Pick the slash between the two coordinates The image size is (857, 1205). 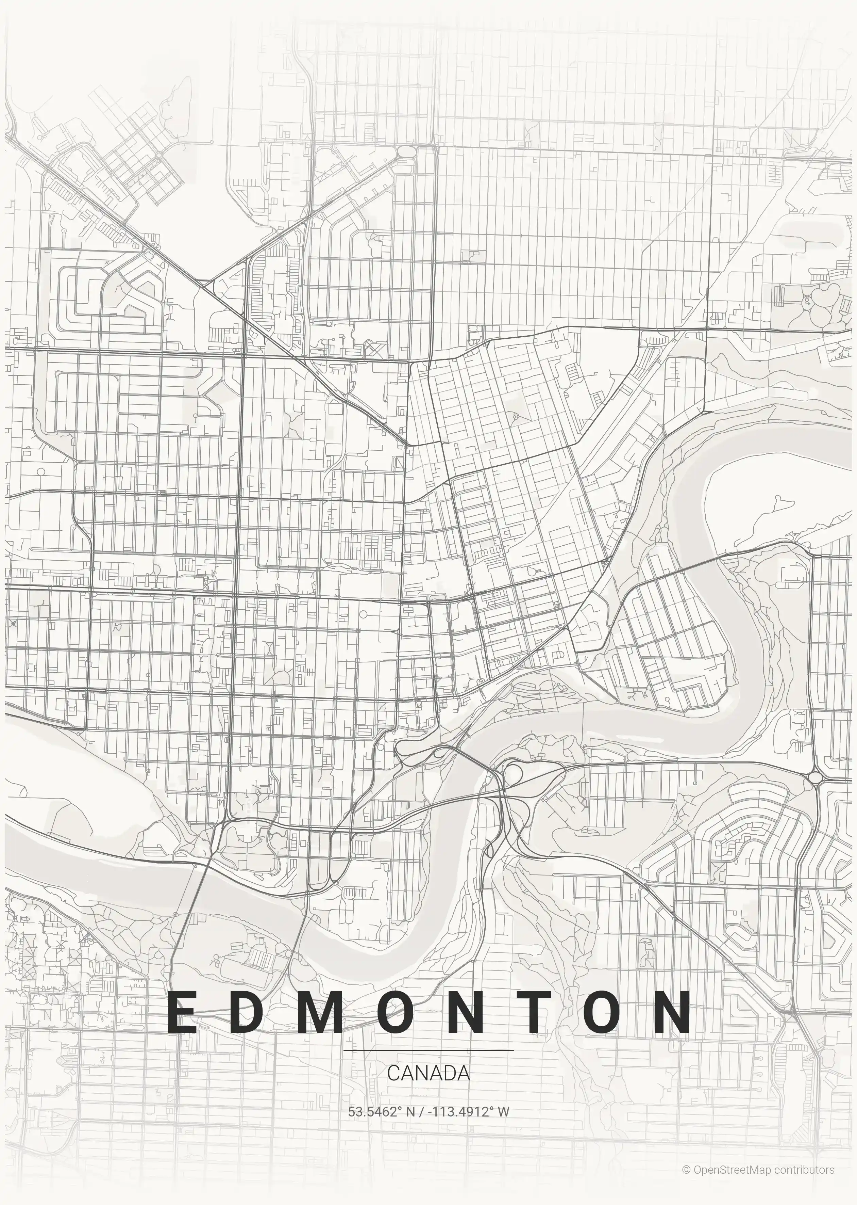click(x=425, y=1111)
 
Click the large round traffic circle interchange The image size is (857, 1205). click(x=815, y=777)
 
